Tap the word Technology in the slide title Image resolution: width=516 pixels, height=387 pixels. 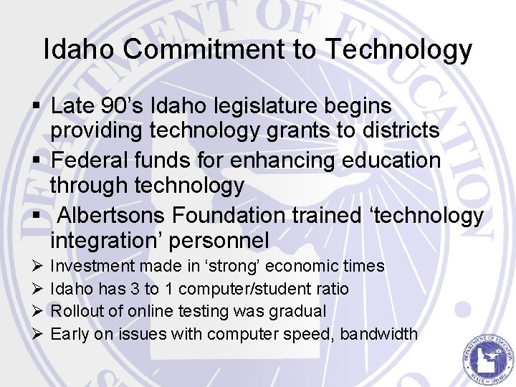click(x=398, y=50)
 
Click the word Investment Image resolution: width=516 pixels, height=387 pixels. click(x=93, y=267)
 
